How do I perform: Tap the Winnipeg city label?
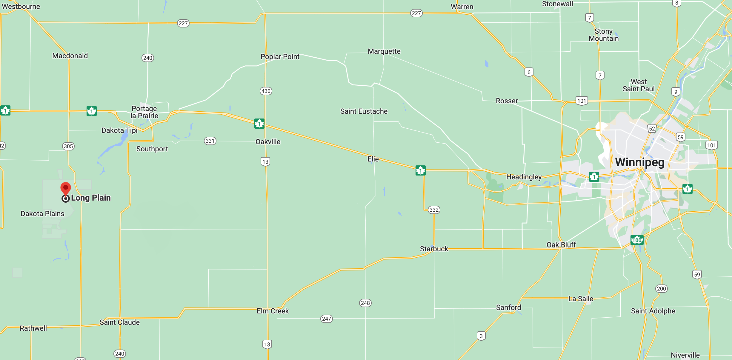pyautogui.click(x=640, y=162)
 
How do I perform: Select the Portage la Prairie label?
pyautogui.click(x=144, y=112)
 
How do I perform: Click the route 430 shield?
pyautogui.click(x=266, y=91)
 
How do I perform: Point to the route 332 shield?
pyautogui.click(x=434, y=210)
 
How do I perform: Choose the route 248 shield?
pyautogui.click(x=365, y=303)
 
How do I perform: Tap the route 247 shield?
pyautogui.click(x=326, y=319)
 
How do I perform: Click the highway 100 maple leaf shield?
pyautogui.click(x=637, y=240)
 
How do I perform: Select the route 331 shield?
pyautogui.click(x=210, y=141)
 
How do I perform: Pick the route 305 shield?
pyautogui.click(x=68, y=146)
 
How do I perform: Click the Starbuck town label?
pyautogui.click(x=434, y=249)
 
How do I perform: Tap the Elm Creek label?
pyautogui.click(x=273, y=311)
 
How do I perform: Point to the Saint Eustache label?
pyautogui.click(x=364, y=111)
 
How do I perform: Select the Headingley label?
pyautogui.click(x=524, y=177)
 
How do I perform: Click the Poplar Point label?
pyautogui.click(x=280, y=57)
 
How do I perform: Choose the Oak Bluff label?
pyautogui.click(x=561, y=245)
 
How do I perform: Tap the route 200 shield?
pyautogui.click(x=661, y=289)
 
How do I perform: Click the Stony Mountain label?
pyautogui.click(x=604, y=35)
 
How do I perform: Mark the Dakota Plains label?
pyautogui.click(x=42, y=214)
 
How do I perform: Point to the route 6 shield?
pyautogui.click(x=529, y=72)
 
